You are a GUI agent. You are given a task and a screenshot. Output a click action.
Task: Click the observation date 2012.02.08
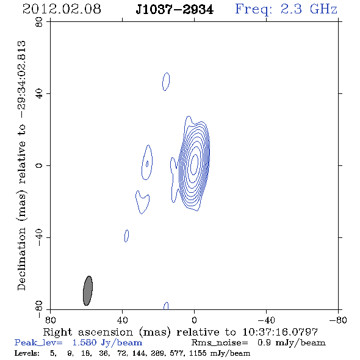[x=62, y=9]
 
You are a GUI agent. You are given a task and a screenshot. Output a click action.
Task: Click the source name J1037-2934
[x=175, y=10]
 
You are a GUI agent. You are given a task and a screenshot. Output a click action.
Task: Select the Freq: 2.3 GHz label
[x=286, y=10]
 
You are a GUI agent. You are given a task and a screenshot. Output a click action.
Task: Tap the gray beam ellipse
[x=88, y=290]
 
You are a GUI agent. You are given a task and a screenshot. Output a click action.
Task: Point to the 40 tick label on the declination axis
[x=39, y=94]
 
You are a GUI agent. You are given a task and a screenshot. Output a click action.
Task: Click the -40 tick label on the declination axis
[x=39, y=237]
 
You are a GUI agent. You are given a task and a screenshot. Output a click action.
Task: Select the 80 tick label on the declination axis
[x=39, y=22]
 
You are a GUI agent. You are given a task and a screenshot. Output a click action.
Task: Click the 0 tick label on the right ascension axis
[x=194, y=320]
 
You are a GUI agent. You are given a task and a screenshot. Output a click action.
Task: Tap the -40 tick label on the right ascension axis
[x=266, y=320]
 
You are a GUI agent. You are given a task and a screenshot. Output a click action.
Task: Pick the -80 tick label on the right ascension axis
[x=338, y=320]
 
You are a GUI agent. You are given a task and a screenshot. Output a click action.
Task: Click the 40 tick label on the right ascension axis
[x=122, y=320]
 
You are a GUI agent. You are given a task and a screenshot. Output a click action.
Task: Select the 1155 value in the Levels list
[x=198, y=353]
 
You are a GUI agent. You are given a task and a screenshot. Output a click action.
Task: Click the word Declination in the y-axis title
[x=21, y=259]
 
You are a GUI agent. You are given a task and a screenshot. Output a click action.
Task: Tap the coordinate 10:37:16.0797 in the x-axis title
[x=280, y=332]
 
